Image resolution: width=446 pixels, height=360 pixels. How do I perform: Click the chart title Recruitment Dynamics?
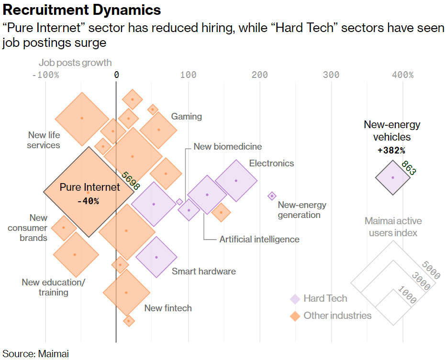(x=81, y=10)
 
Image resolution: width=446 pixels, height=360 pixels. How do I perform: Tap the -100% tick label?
(x=45, y=75)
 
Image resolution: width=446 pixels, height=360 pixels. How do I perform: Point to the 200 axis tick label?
(x=260, y=75)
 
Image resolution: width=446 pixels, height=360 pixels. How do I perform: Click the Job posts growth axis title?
(x=75, y=63)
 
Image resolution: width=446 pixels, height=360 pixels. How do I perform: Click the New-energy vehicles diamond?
(x=392, y=177)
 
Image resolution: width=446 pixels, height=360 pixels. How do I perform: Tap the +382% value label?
(x=391, y=150)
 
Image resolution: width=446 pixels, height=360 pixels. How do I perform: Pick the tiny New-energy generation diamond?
(x=272, y=196)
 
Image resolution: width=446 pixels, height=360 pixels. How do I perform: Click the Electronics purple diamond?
(x=236, y=181)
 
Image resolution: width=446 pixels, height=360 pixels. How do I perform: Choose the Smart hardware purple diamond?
(x=156, y=257)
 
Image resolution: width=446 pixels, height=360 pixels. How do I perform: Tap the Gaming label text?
(x=187, y=117)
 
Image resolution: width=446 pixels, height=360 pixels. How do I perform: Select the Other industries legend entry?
(x=337, y=316)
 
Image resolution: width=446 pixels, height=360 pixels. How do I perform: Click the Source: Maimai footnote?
(x=36, y=354)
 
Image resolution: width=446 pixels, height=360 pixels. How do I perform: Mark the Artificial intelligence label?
(x=259, y=240)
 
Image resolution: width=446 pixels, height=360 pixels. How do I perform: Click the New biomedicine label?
(x=228, y=147)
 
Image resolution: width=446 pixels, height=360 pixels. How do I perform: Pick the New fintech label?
(x=168, y=308)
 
